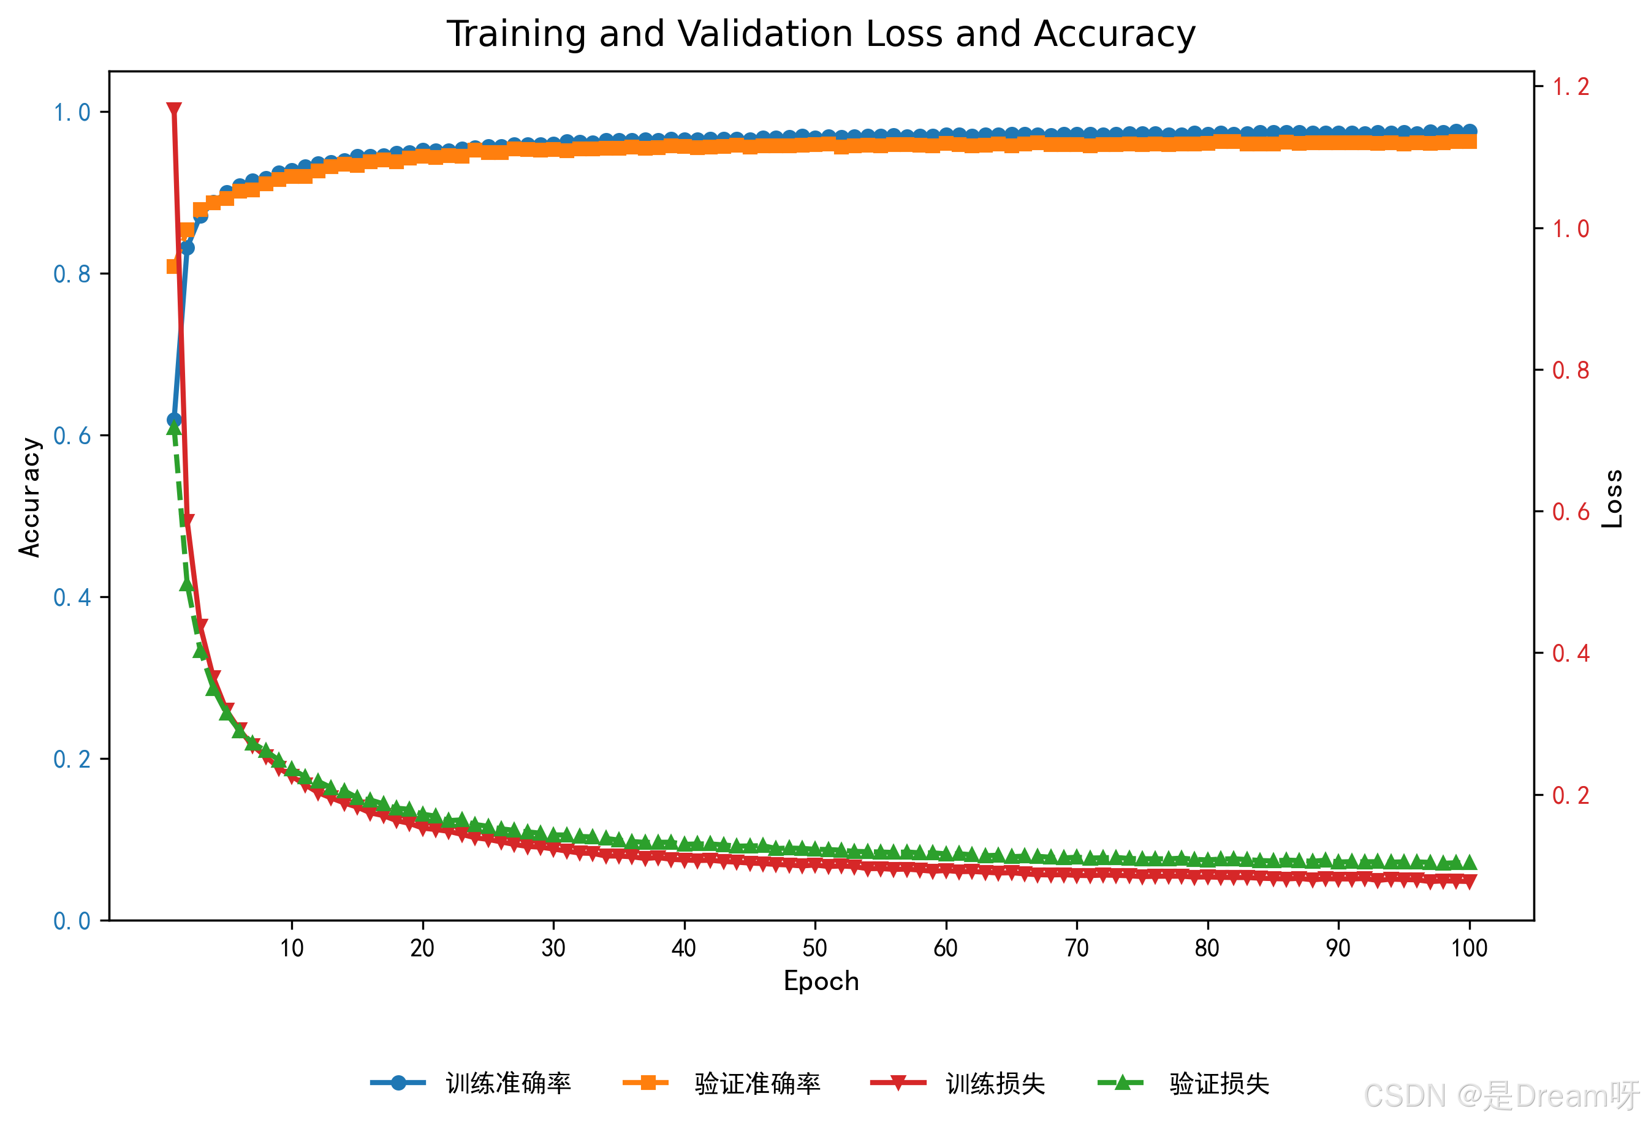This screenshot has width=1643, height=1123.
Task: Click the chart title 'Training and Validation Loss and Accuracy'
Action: [x=821, y=34]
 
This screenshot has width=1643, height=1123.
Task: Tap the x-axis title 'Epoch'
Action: [x=821, y=981]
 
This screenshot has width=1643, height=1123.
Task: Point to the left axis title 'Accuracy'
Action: [x=29, y=497]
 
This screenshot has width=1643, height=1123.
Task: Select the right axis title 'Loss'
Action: [x=1612, y=498]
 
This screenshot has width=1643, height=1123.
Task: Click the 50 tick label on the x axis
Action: [x=815, y=948]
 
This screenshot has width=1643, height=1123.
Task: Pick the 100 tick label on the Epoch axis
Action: [x=1469, y=948]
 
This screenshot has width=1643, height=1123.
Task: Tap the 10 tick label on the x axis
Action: [x=291, y=948]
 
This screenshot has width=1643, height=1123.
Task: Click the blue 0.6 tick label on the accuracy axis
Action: [x=72, y=436]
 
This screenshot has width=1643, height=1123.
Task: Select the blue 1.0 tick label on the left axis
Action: [x=72, y=112]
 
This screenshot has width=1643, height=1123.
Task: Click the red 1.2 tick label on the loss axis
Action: [x=1570, y=87]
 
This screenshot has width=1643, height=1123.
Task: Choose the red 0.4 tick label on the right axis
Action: [x=1570, y=654]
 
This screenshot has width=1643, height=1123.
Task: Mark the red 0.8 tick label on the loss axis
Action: [x=1570, y=370]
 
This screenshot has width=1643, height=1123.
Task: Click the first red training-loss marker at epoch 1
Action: [x=174, y=110]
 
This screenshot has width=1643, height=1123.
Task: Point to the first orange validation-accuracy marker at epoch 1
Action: [x=172, y=267]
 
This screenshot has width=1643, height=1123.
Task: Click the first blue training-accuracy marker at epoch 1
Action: [x=174, y=420]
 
